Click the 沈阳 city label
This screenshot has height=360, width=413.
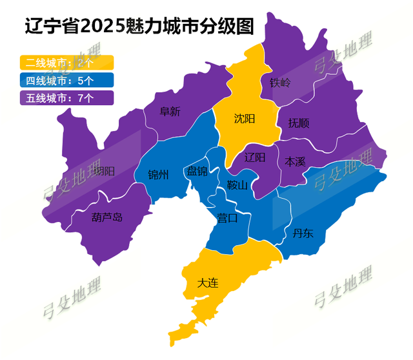pyautogui.click(x=245, y=119)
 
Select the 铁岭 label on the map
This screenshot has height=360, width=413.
pyautogui.click(x=280, y=83)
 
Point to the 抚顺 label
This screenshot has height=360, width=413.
pyautogui.click(x=299, y=123)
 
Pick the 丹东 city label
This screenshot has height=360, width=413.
pyautogui.click(x=303, y=233)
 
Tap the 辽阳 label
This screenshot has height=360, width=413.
pyautogui.click(x=256, y=157)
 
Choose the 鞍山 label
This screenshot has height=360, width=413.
pyautogui.click(x=237, y=186)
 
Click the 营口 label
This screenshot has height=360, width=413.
pyautogui.click(x=227, y=218)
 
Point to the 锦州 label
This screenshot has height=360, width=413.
pyautogui.click(x=159, y=175)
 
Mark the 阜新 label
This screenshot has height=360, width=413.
pyautogui.click(x=170, y=111)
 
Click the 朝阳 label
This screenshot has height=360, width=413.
pyautogui.click(x=104, y=171)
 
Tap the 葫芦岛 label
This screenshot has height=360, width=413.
pyautogui.click(x=106, y=217)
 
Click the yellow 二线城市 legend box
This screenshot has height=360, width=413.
pyautogui.click(x=67, y=63)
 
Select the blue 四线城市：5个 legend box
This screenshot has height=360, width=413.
pyautogui.click(x=67, y=81)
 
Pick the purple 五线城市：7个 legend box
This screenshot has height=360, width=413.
pyautogui.click(x=67, y=98)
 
